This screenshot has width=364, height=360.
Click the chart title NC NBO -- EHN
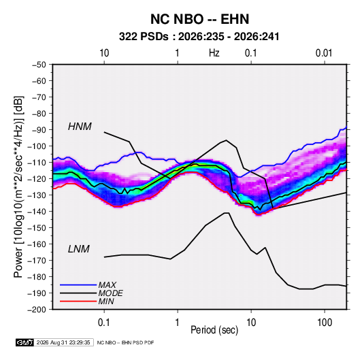[199, 19]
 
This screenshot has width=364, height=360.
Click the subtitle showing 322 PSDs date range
[199, 37]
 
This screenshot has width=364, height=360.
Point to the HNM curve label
[80, 127]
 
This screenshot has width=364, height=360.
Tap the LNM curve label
[79, 249]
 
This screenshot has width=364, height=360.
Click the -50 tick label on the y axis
[39, 65]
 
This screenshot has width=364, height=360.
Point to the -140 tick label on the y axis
[37, 212]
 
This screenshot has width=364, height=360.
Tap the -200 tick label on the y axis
[37, 310]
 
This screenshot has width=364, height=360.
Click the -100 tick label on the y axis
[37, 146]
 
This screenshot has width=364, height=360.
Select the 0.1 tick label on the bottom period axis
[104, 323]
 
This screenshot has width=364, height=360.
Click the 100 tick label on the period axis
[325, 323]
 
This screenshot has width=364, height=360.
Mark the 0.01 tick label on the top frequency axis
[324, 53]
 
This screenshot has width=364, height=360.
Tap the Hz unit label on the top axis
[214, 53]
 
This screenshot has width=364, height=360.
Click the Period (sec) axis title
[214, 330]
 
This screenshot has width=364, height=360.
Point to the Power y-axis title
[18, 186]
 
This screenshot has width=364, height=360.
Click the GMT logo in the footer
[25, 342]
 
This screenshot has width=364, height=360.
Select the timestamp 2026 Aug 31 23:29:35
[63, 342]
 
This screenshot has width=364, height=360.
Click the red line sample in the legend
[78, 301]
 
